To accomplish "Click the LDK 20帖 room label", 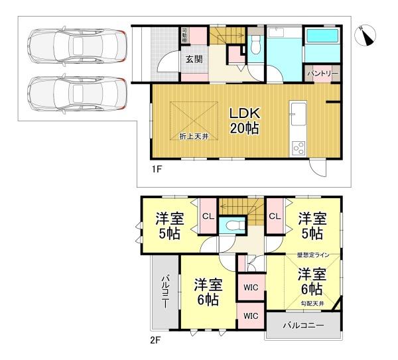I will click(244, 120).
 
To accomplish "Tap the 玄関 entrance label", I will click(194, 59).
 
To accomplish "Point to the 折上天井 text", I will click(194, 136).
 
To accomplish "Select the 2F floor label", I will click(155, 341).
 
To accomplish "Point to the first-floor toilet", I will click(256, 46).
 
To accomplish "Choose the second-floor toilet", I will click(232, 225).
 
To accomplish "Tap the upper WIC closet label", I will click(251, 287).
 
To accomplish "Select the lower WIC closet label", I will click(251, 316).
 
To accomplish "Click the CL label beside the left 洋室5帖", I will click(207, 215).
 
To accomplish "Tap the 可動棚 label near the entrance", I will click(185, 34).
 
